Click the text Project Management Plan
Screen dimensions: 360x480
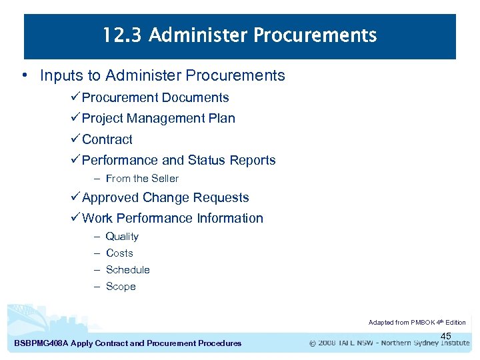click(x=158, y=118)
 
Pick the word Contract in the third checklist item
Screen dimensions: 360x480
click(x=107, y=139)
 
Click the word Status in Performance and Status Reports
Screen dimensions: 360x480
click(x=207, y=160)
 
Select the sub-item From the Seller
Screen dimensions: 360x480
click(x=142, y=178)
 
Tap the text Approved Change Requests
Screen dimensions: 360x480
click(x=165, y=197)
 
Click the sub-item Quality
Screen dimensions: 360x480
click(x=122, y=236)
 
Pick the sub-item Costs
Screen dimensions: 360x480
click(x=119, y=253)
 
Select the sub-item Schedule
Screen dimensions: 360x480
click(x=127, y=269)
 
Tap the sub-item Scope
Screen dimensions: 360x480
click(x=121, y=286)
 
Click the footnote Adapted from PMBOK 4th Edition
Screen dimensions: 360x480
click(x=417, y=322)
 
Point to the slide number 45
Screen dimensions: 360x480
click(x=446, y=336)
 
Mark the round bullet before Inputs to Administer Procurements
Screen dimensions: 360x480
click(x=25, y=75)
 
